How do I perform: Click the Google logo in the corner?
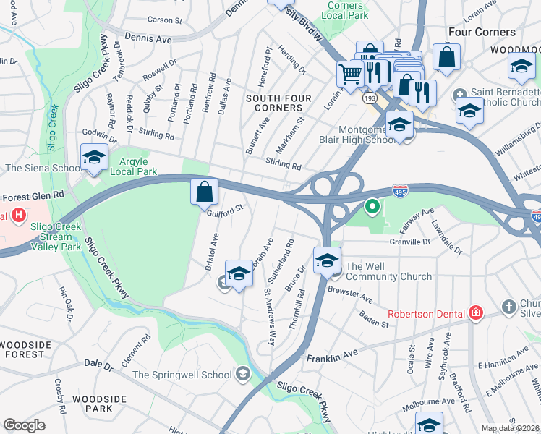24,425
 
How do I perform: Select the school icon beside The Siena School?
94,158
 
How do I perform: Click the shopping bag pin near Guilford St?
205,192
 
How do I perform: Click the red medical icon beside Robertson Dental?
476,313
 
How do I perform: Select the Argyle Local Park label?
133,166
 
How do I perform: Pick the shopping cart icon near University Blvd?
351,72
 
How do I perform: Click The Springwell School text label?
182,374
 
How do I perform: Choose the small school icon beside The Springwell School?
243,374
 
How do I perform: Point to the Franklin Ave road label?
332,356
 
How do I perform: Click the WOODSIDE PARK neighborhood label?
99,404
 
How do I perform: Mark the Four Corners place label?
482,32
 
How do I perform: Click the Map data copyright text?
511,428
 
